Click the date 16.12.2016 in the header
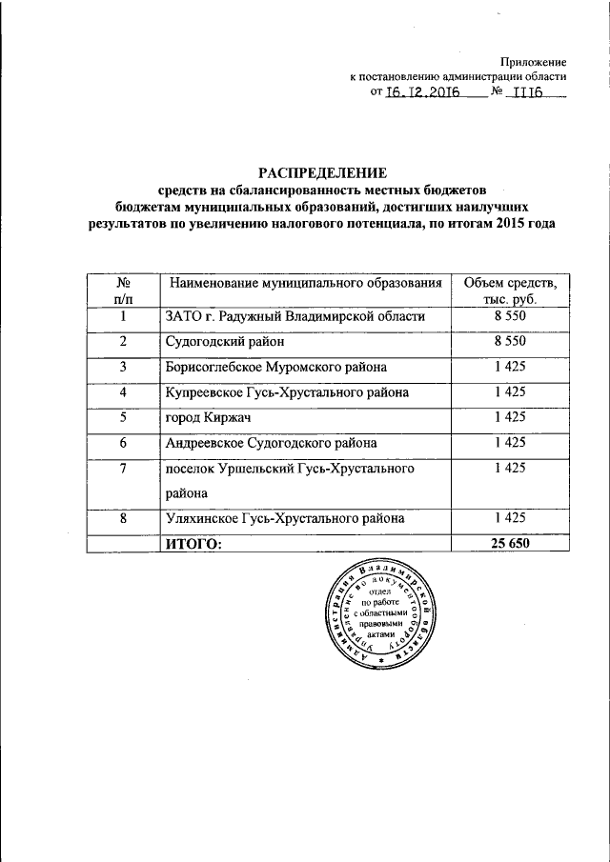[422, 93]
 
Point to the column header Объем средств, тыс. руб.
[510, 291]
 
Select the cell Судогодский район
[225, 341]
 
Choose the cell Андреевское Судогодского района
[271, 442]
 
